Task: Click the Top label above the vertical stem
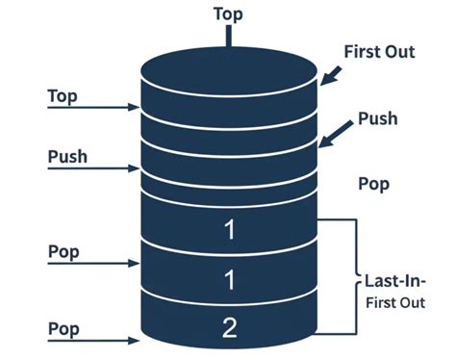tap(228, 15)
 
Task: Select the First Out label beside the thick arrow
tap(379, 51)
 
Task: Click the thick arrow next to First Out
tap(331, 73)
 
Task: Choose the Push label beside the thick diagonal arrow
tap(377, 119)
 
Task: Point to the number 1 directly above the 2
tap(229, 280)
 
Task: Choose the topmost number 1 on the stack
tap(229, 230)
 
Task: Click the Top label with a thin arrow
tap(63, 96)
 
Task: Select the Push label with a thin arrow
tap(66, 155)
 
